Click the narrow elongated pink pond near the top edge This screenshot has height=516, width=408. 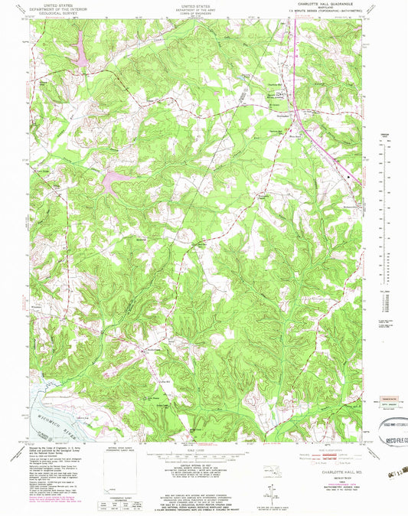[78, 53]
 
